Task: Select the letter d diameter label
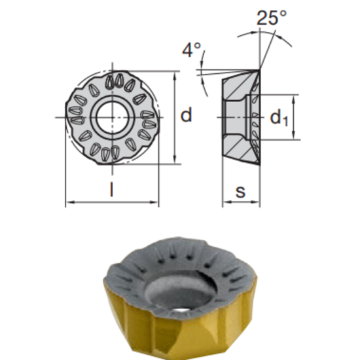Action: click(187, 116)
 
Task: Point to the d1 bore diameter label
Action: click(279, 118)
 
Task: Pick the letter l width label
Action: click(112, 191)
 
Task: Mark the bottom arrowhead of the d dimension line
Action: click(175, 160)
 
